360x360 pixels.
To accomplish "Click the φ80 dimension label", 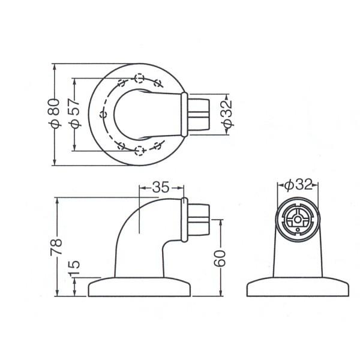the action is [x=55, y=113].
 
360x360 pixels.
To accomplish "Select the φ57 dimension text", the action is [x=74, y=113].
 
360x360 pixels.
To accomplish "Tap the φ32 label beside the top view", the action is [x=227, y=113].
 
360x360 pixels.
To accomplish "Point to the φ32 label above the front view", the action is [x=298, y=184].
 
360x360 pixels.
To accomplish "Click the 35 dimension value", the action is [x=161, y=187].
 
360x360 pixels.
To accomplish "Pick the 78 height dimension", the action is [x=56, y=247].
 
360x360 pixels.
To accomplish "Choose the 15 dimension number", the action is [x=74, y=268].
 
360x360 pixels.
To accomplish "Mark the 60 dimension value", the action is [x=220, y=258].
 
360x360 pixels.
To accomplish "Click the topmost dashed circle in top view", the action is [x=139, y=78].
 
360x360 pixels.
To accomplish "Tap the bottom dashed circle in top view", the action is [x=140, y=151].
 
